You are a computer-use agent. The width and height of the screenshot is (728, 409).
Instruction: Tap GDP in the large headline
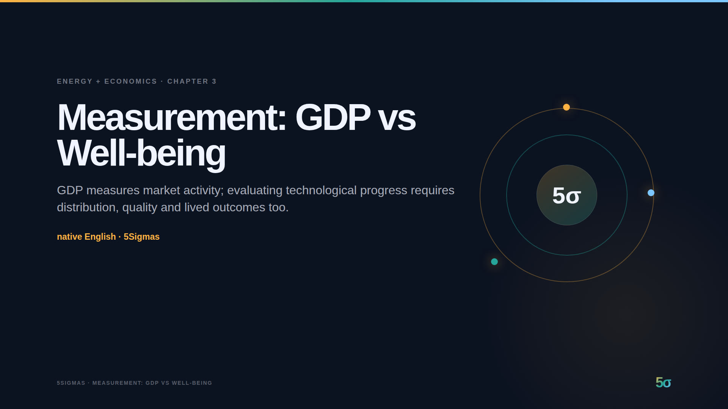tap(333, 117)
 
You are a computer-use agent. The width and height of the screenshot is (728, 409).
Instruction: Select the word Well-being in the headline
tap(141, 153)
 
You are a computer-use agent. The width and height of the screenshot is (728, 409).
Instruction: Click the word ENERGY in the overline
tap(75, 81)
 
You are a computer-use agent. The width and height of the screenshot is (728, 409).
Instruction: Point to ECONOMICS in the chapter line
tap(130, 81)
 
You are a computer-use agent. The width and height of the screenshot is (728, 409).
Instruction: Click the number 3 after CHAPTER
tap(214, 81)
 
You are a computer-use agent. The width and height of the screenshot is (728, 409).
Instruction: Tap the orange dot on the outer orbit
tap(566, 107)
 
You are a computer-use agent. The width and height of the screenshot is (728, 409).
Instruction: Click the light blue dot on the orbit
tap(651, 193)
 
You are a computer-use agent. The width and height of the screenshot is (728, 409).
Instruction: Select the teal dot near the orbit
tap(494, 262)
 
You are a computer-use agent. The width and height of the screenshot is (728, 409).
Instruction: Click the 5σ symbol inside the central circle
tap(566, 195)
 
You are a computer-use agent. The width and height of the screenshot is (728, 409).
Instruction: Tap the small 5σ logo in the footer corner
tap(663, 382)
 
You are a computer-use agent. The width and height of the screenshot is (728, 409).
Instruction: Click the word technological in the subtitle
tap(321, 190)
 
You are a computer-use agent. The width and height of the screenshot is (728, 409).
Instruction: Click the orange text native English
tap(86, 237)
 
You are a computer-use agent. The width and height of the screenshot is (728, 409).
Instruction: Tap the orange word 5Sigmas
tap(141, 237)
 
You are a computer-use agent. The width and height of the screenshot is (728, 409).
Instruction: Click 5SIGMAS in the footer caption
tap(71, 383)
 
